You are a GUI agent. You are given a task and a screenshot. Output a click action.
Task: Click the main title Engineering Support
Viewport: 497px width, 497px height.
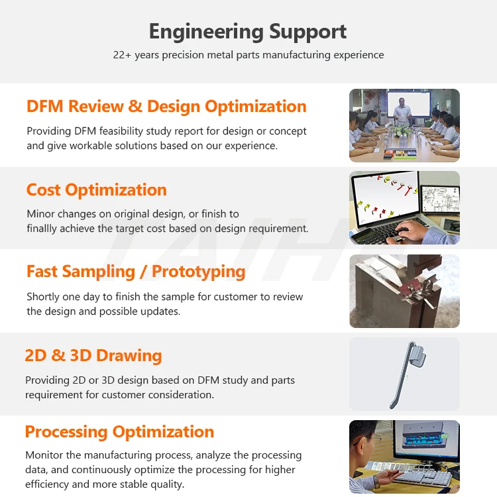(248, 32)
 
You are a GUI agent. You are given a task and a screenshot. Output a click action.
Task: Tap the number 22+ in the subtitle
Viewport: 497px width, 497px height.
(122, 55)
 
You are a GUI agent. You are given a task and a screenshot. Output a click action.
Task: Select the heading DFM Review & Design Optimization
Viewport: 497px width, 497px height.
(166, 107)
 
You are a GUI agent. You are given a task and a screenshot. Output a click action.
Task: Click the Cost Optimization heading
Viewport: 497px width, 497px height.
(96, 190)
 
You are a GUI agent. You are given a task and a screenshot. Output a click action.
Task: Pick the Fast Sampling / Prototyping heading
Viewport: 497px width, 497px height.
(136, 272)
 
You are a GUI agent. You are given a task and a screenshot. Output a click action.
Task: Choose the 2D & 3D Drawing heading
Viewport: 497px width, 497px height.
(93, 355)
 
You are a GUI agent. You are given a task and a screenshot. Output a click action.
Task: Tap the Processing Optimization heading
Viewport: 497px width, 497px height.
(119, 432)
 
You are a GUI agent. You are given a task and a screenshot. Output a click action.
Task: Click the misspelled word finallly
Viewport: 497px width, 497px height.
(42, 229)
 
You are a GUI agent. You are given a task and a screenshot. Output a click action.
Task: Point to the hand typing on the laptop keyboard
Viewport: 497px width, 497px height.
(408, 231)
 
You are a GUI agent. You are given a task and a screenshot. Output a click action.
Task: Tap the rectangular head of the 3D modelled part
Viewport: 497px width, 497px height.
(417, 355)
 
